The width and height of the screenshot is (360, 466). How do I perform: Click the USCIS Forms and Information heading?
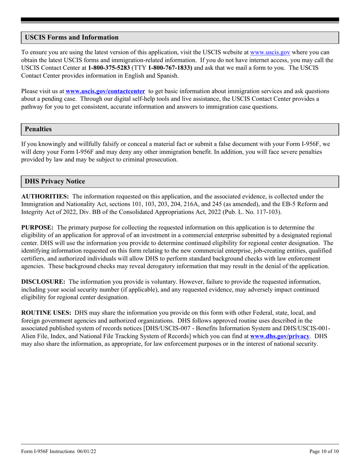(x=72, y=38)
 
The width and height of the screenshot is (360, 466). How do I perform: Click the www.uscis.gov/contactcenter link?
(x=105, y=91)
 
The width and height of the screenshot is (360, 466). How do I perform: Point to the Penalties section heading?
(x=38, y=129)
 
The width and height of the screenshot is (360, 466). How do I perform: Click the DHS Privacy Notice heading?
(x=55, y=181)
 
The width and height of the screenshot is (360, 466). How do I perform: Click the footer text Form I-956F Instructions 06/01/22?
(x=61, y=452)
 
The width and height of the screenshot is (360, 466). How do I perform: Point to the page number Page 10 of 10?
(x=324, y=452)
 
